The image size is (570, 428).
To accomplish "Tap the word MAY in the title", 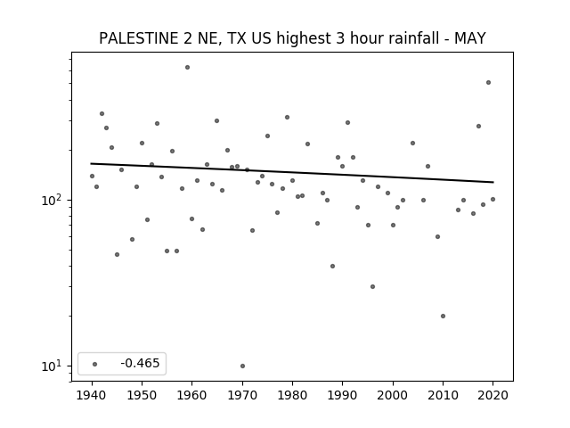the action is (470, 38).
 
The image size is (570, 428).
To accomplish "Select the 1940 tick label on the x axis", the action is (92, 395).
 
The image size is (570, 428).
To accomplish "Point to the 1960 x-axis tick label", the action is (192, 395).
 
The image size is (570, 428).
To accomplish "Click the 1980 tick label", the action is (292, 395).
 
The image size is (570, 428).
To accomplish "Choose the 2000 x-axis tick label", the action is (393, 395).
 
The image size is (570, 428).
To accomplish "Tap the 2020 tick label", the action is (493, 395).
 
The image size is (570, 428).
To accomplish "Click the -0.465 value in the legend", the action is (140, 363).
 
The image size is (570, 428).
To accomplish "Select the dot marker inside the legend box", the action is (95, 364).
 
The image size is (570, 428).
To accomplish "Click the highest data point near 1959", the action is (187, 68).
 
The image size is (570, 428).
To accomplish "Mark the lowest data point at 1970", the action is (242, 366).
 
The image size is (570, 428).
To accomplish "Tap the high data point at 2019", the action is (488, 83).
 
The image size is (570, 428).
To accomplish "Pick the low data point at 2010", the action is (443, 316).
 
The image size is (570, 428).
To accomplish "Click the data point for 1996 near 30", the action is (372, 286).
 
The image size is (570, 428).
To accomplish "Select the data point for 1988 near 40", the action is (332, 266).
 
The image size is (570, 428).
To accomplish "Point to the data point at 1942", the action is (102, 113).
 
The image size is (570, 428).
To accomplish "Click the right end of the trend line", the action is (493, 182).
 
